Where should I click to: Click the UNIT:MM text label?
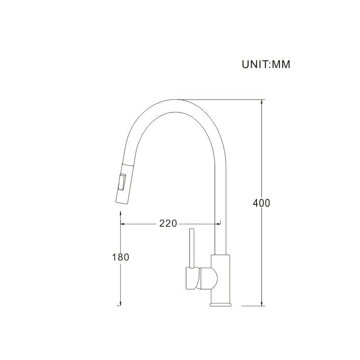(266, 64)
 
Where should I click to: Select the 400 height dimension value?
(261, 203)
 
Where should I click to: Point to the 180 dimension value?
(120, 257)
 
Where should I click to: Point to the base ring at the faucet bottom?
(221, 305)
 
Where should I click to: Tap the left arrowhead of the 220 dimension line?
(122, 223)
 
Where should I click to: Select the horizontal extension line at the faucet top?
(220, 99)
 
